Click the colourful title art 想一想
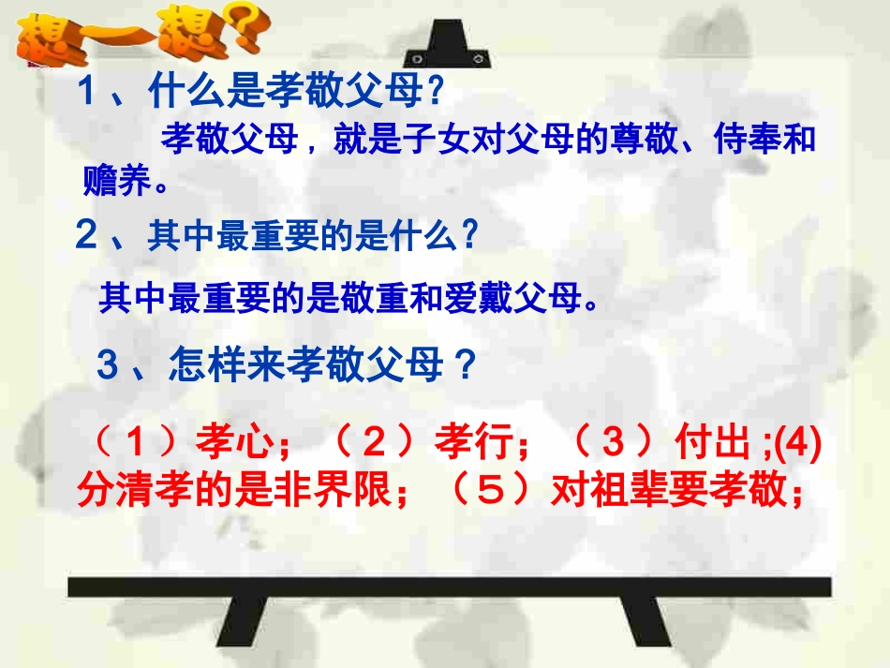pos(131,36)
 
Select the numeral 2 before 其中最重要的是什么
pos(86,236)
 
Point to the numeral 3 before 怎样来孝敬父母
pos(108,364)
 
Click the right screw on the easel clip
pos(479,58)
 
